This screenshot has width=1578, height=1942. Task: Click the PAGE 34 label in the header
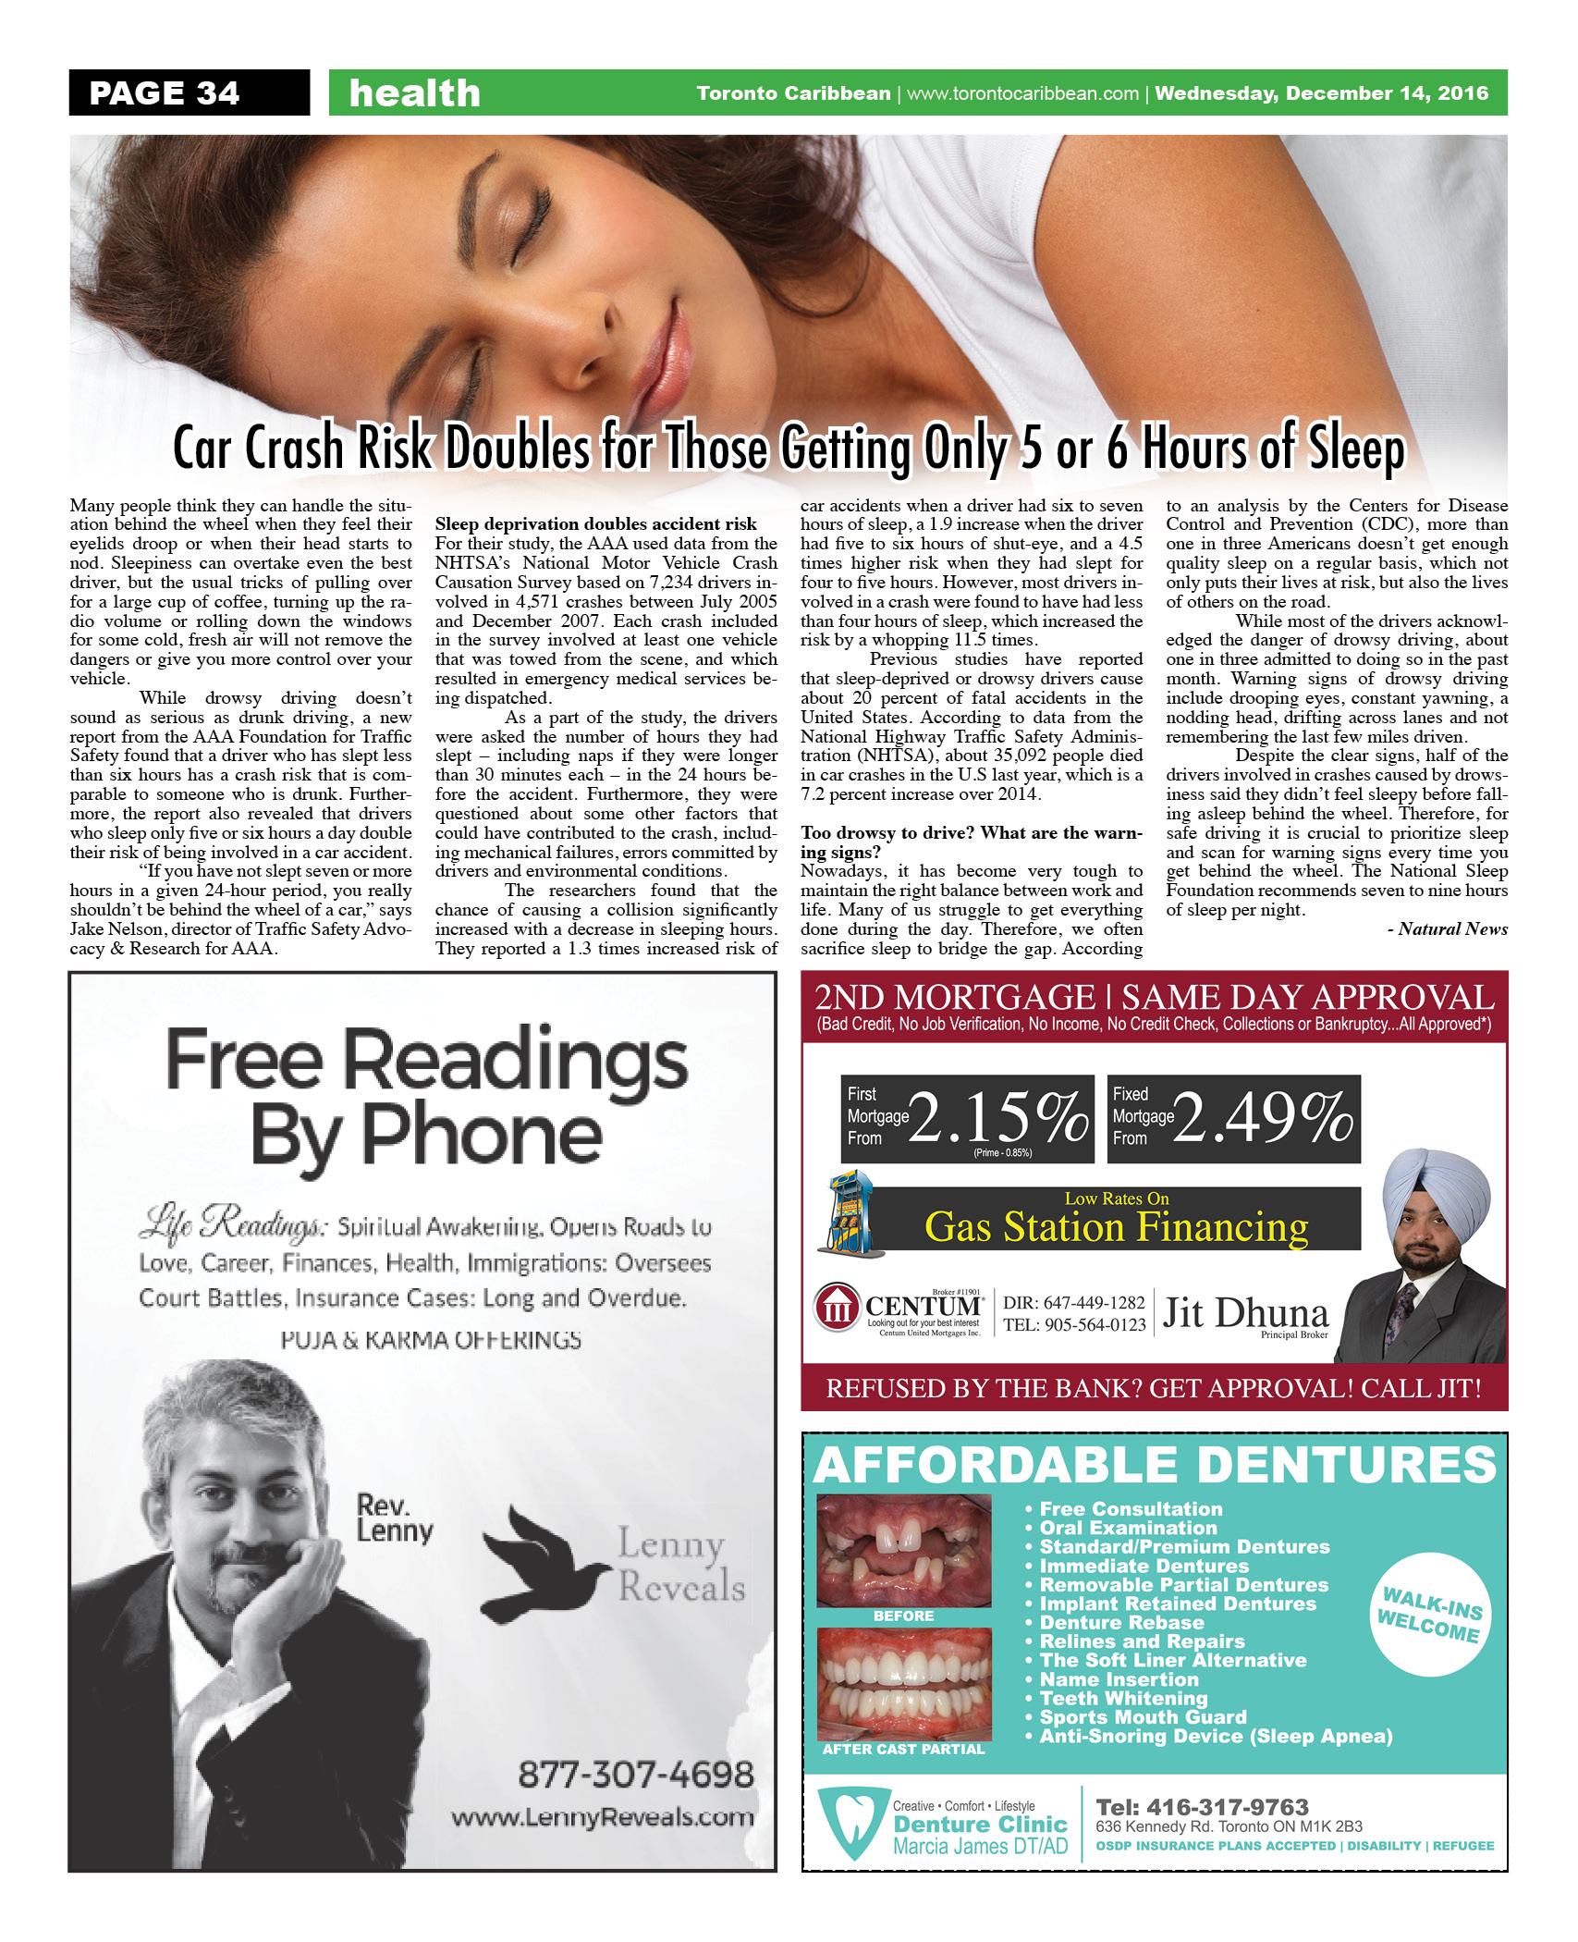click(x=164, y=93)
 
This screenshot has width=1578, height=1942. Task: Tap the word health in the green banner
click(x=415, y=93)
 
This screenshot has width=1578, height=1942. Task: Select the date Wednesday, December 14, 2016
click(x=1322, y=93)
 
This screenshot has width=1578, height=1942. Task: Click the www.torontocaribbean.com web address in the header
click(x=1022, y=93)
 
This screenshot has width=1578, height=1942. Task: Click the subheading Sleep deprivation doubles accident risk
click(x=595, y=525)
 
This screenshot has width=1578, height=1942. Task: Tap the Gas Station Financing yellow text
click(x=1117, y=1226)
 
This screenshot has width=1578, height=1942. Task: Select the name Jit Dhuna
click(x=1246, y=1313)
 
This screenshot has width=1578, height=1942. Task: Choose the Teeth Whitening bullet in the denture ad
click(x=1123, y=1698)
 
